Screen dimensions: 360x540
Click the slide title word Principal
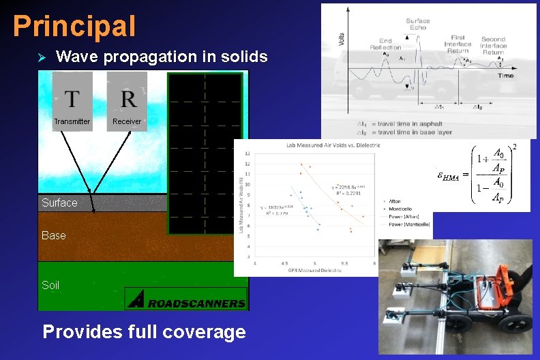[74, 26]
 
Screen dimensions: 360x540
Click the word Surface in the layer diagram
[59, 202]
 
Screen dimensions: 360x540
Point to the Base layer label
[54, 235]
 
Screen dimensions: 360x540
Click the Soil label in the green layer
[50, 285]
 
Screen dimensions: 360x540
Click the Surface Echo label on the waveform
[417, 24]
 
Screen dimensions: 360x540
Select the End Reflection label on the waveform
[385, 44]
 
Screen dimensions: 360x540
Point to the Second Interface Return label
[493, 46]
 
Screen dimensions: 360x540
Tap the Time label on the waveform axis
[505, 76]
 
